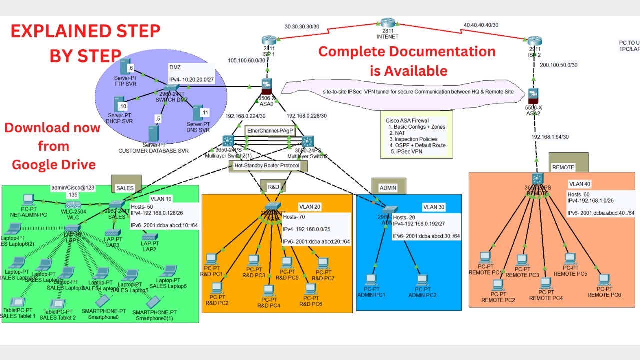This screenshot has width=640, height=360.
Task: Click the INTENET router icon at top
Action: pyautogui.click(x=387, y=23)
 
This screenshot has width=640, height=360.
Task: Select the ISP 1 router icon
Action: pyautogui.click(x=268, y=41)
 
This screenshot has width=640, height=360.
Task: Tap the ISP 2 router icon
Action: pyautogui.click(x=534, y=42)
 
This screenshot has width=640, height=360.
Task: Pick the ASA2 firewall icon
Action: pyautogui.click(x=534, y=95)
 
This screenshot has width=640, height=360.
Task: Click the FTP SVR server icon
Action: pyautogui.click(x=125, y=68)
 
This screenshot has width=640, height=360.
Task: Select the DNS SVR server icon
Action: pyautogui.click(x=198, y=113)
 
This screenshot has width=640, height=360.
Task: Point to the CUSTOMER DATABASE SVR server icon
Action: pyautogui.click(x=153, y=133)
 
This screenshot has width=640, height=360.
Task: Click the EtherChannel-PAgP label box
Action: pyautogui.click(x=270, y=131)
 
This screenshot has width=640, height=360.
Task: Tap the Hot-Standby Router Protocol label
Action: pyautogui.click(x=268, y=166)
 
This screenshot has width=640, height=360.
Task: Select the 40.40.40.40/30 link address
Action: pyautogui.click(x=481, y=25)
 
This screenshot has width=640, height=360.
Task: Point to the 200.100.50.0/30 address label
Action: pyautogui.click(x=559, y=65)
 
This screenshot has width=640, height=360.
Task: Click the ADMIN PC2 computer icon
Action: pyautogui.click(x=422, y=280)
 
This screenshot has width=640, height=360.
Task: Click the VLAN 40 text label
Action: pyautogui.click(x=580, y=183)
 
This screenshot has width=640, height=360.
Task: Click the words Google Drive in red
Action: pyautogui.click(x=54, y=165)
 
